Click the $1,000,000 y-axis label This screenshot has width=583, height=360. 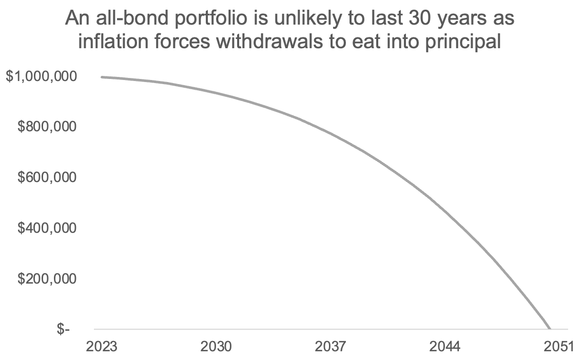[x=41, y=76]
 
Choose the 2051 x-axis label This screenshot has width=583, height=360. [x=557, y=347]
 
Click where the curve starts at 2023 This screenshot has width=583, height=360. [x=102, y=77]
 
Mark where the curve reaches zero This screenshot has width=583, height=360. [x=550, y=329]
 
